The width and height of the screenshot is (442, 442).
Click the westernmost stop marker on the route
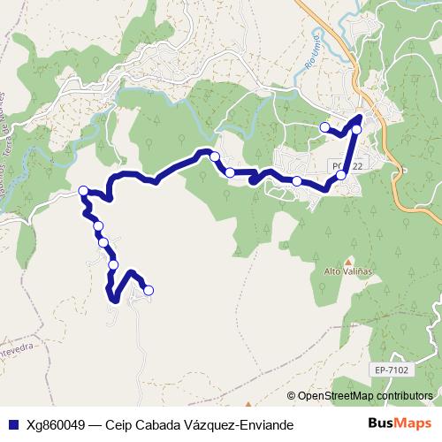point(83,191)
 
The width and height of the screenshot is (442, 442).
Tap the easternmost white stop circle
point(357,129)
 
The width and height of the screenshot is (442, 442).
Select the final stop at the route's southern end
point(149,290)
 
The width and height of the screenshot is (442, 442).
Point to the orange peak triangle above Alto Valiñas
point(348,262)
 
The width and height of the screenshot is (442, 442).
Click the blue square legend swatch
point(13,424)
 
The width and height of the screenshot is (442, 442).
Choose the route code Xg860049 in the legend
point(57,424)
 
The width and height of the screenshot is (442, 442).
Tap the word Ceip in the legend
point(119,424)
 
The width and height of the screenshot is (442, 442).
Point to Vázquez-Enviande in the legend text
point(238,424)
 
